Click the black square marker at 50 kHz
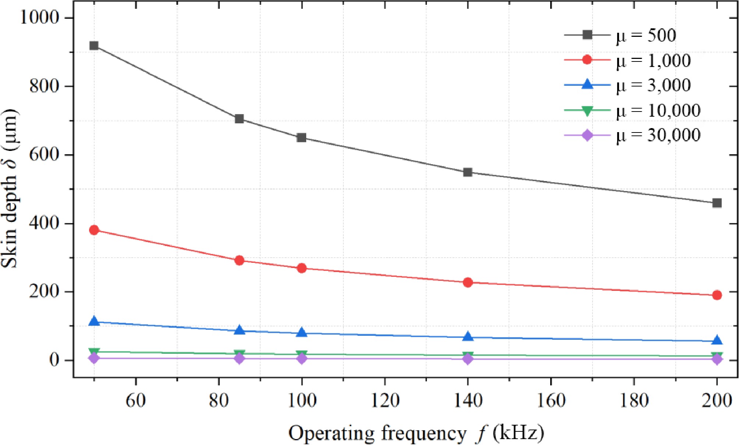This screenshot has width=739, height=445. pos(94,46)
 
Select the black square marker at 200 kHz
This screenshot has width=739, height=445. pos(717,203)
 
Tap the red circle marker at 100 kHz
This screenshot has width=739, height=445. pos(302,268)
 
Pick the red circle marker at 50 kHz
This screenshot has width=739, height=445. pos(94,230)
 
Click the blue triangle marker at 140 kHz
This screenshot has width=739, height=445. pos(468,336)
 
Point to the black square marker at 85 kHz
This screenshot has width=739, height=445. pos(239,119)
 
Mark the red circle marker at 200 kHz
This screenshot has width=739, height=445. pos(717,295)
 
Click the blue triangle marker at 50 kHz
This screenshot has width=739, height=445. pos(94,321)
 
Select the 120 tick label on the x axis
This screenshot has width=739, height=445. pos(385,400)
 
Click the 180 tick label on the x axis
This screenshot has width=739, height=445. pos(634,400)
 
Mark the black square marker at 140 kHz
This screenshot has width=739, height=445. pos(468,172)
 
